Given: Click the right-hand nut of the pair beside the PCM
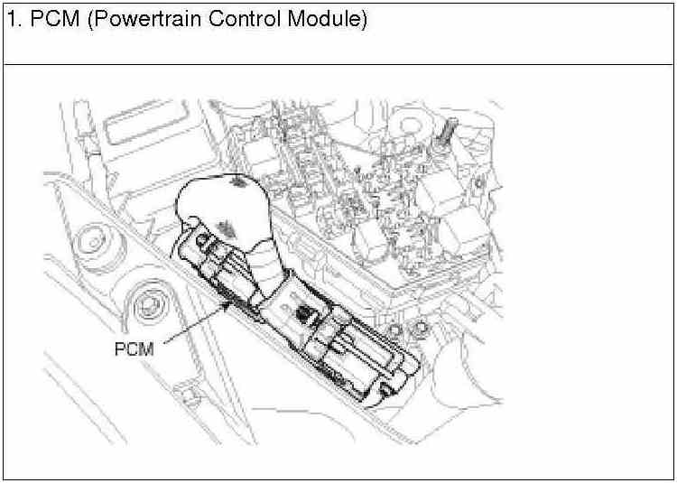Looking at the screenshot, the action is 422,330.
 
